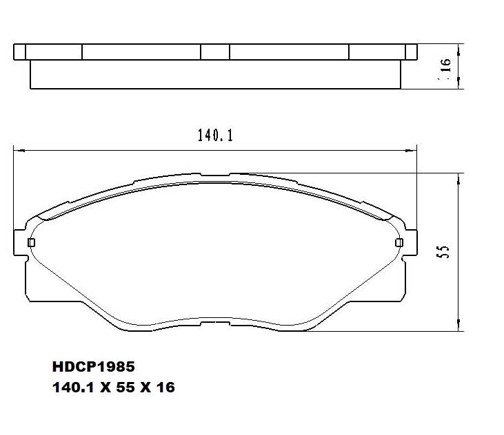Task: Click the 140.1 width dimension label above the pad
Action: click(x=216, y=136)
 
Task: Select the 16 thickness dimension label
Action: click(x=445, y=65)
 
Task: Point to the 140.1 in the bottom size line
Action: click(x=72, y=388)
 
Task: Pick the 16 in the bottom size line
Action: click(x=165, y=388)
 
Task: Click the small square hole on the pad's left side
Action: click(x=30, y=242)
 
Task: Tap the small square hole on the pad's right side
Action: click(x=399, y=242)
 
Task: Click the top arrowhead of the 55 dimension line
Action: click(x=458, y=176)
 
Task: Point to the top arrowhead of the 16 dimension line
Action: click(x=458, y=47)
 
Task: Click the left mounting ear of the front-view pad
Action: click(x=20, y=243)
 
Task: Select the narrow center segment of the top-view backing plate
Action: click(x=214, y=52)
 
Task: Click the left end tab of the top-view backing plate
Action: click(x=19, y=52)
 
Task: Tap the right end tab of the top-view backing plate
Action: click(x=411, y=52)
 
